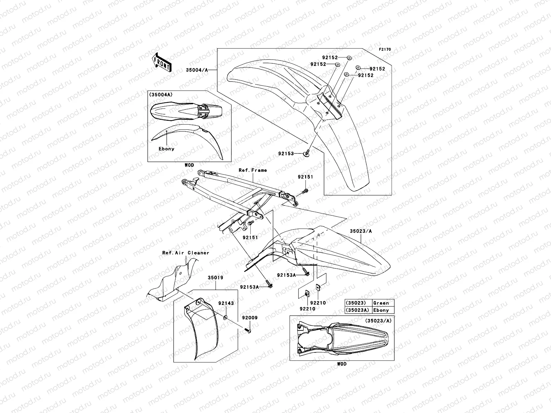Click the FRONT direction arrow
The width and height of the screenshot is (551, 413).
(x=162, y=62)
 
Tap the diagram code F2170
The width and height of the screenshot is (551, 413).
(x=385, y=49)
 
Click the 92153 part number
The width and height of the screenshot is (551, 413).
(x=286, y=153)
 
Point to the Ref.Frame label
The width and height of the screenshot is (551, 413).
(x=253, y=170)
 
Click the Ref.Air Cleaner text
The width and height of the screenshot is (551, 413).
(x=186, y=253)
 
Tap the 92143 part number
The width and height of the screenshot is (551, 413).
(x=226, y=303)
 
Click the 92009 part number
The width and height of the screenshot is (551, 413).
(x=249, y=318)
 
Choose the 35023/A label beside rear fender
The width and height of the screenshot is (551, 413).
(x=361, y=231)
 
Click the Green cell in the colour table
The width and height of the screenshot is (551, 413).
(x=381, y=303)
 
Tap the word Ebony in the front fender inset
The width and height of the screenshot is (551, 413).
(x=166, y=149)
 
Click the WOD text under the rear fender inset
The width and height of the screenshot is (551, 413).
(x=342, y=364)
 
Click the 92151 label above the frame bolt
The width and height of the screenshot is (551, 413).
(x=305, y=177)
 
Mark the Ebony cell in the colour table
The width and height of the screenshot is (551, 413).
(x=381, y=310)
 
